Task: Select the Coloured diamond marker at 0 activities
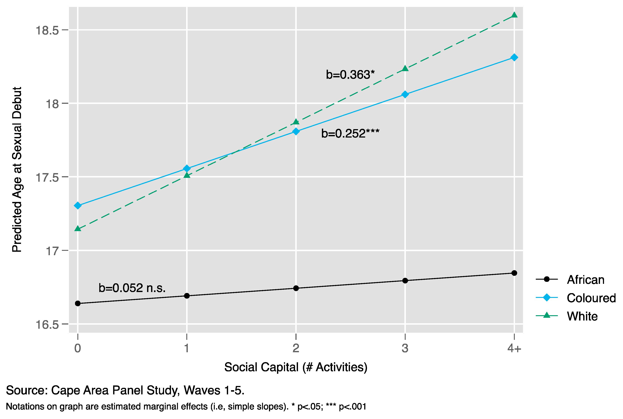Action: (78, 206)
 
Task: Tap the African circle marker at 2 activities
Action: (296, 288)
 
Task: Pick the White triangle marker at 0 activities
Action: (78, 229)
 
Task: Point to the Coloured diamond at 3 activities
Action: (405, 94)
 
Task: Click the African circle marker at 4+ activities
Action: (514, 273)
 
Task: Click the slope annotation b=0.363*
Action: (350, 75)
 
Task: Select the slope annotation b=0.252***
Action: (350, 133)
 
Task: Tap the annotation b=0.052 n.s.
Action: (132, 288)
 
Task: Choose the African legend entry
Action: (585, 279)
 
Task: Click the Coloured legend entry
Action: (591, 298)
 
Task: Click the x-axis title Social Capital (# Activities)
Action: (296, 367)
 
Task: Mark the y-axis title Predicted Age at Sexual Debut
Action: (17, 169)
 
